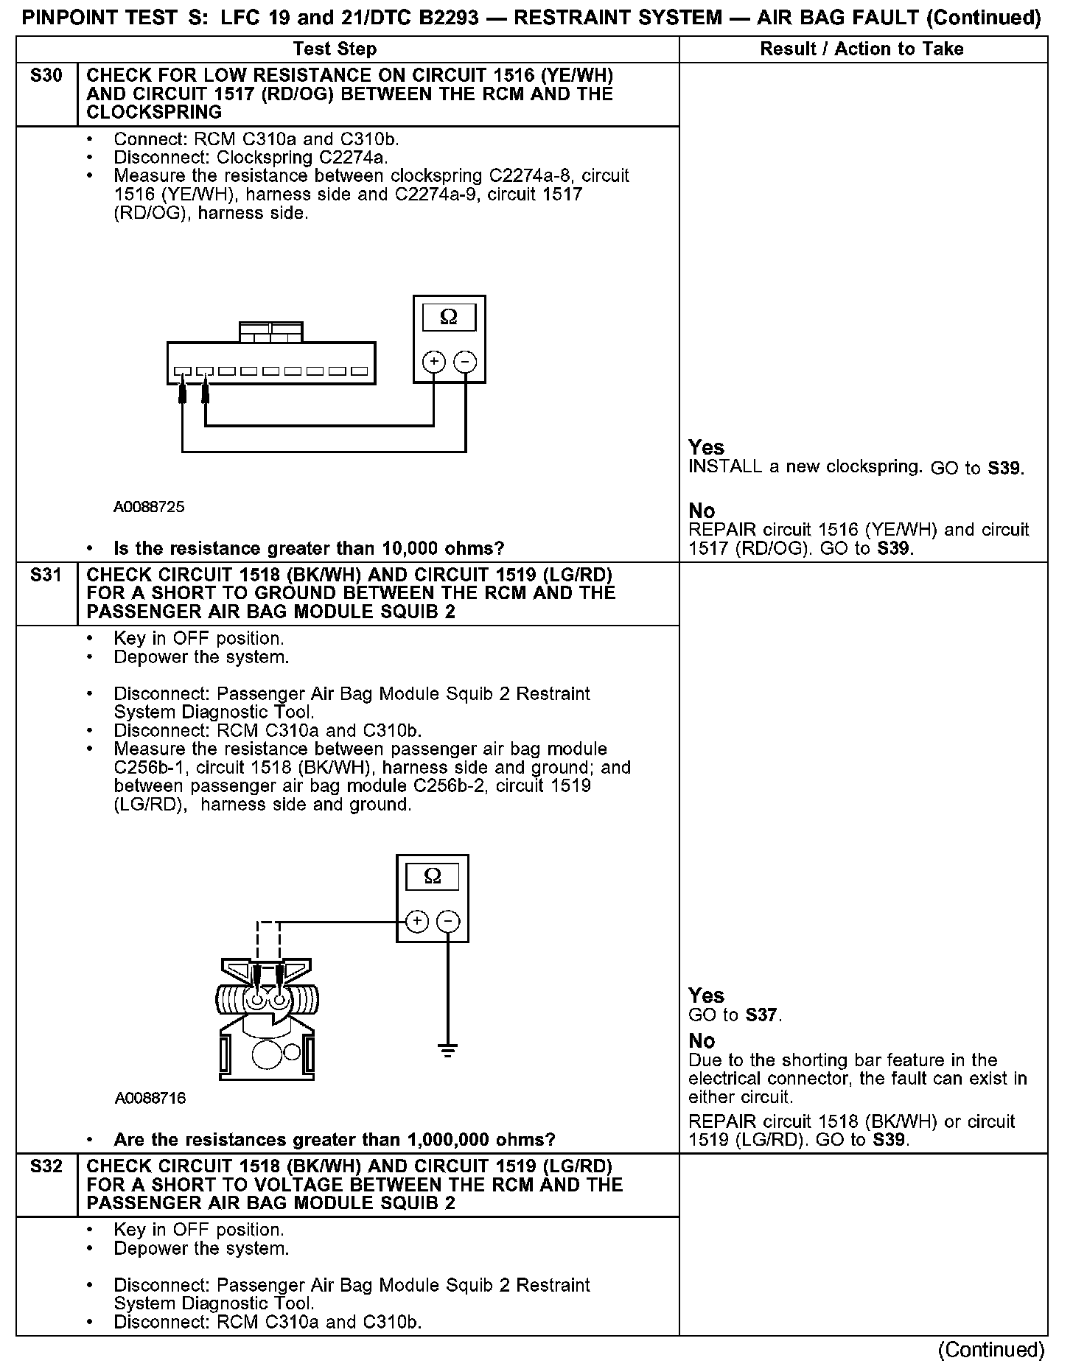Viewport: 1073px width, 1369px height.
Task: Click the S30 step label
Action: coord(46,76)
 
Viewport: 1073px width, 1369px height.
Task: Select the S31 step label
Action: coord(46,575)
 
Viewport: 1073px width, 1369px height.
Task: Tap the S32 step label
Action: coord(46,1166)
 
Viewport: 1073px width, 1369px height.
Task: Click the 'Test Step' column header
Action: coord(335,49)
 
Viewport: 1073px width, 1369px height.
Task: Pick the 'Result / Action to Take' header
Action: coord(861,49)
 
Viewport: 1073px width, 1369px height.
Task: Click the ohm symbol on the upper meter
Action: coord(448,318)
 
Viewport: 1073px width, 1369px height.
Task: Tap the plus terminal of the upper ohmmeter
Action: coord(433,362)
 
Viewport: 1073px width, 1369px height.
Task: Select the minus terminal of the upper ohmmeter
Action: coord(465,362)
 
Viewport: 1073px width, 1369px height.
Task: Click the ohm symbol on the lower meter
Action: coord(433,877)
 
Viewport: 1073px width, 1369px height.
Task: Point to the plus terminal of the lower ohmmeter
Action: coord(417,921)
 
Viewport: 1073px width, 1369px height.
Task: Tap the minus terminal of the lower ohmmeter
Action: coord(448,921)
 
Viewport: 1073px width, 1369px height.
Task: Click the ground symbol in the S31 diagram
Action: coord(447,1050)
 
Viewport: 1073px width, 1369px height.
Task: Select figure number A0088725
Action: coord(149,507)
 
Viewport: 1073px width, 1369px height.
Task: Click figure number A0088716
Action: coord(150,1099)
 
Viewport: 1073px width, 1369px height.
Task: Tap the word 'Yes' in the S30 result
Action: coord(706,447)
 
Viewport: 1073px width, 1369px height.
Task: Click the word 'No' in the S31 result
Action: coord(702,1040)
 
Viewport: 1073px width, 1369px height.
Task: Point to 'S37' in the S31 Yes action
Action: coord(761,1015)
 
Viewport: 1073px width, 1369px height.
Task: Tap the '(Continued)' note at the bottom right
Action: coord(991,1350)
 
